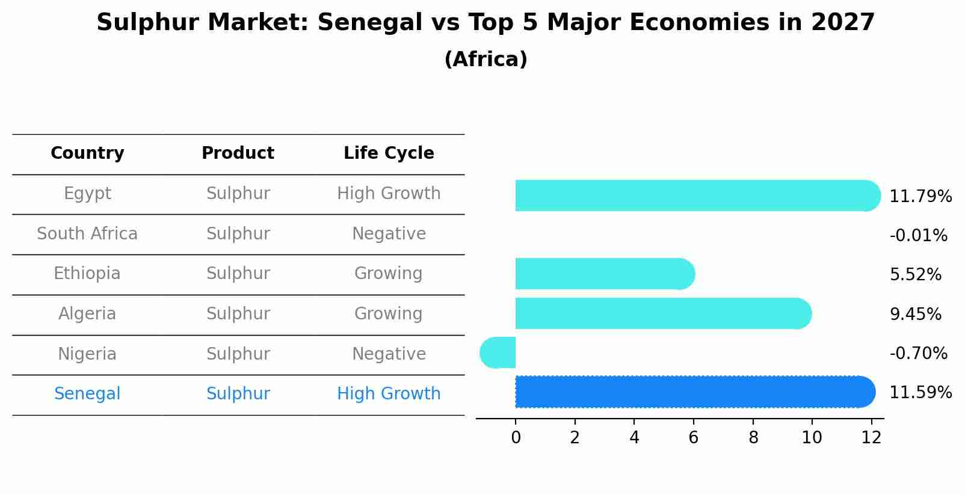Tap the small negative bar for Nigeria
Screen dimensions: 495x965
pyautogui.click(x=498, y=352)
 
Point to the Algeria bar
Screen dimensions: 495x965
pyautogui.click(x=662, y=313)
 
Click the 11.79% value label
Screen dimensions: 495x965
pyautogui.click(x=920, y=197)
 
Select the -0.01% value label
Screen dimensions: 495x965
pyautogui.click(x=918, y=236)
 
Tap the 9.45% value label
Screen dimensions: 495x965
pyautogui.click(x=915, y=314)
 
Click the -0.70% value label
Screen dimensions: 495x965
pyautogui.click(x=918, y=353)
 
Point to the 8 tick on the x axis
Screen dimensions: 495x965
pyautogui.click(x=753, y=438)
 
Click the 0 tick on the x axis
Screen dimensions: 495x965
pyautogui.click(x=516, y=438)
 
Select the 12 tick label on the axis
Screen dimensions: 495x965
pyautogui.click(x=871, y=438)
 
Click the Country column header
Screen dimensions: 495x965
pyautogui.click(x=87, y=153)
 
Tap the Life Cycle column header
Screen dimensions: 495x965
pyautogui.click(x=389, y=153)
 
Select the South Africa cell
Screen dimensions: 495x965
pyautogui.click(x=87, y=234)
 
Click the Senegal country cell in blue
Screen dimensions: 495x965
pyautogui.click(x=87, y=394)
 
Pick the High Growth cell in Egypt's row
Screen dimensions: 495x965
pyautogui.click(x=389, y=194)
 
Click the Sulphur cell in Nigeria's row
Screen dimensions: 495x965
pyautogui.click(x=238, y=354)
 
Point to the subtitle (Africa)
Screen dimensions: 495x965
pyautogui.click(x=486, y=60)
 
